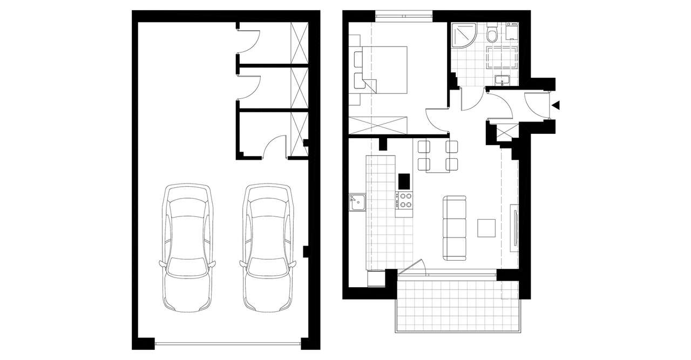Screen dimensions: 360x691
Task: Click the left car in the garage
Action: tap(187, 248)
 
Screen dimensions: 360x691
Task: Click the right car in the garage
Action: tap(268, 248)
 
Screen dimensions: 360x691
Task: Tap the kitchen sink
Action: tap(357, 202)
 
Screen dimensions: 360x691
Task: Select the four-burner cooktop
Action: tap(405, 200)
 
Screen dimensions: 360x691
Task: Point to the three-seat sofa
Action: tap(455, 228)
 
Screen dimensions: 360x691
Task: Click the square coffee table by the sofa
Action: tap(487, 228)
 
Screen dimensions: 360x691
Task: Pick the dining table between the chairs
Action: tap(438, 157)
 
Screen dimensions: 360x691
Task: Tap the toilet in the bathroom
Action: tap(491, 35)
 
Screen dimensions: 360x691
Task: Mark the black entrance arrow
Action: tap(557, 105)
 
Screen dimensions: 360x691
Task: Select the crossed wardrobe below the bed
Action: tap(378, 125)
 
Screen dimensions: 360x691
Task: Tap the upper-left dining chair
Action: tap(423, 147)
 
